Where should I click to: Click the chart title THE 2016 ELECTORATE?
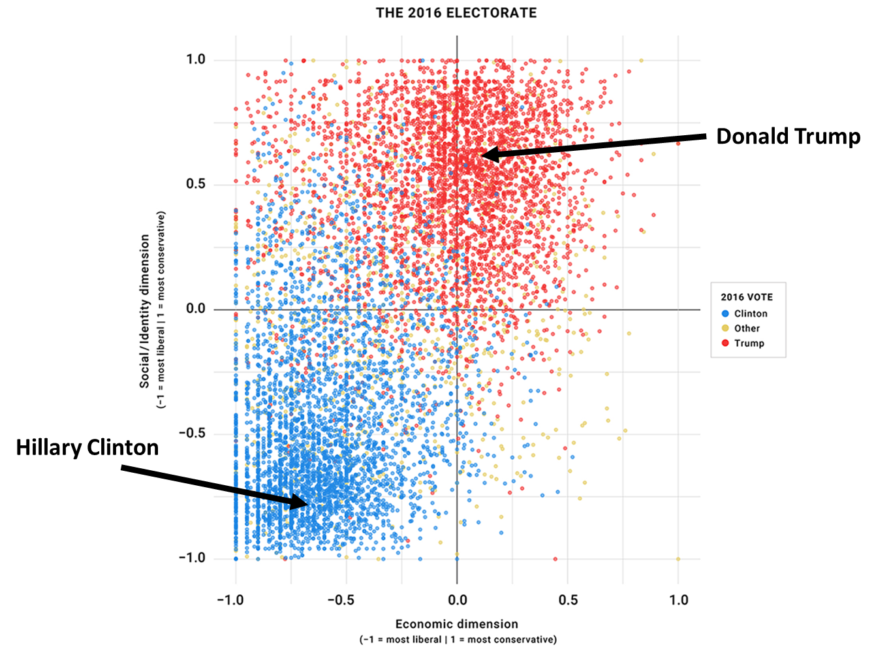click(456, 13)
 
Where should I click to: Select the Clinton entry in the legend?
click(750, 313)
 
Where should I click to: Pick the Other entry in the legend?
click(747, 328)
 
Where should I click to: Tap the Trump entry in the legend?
click(749, 343)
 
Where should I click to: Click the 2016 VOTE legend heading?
click(746, 297)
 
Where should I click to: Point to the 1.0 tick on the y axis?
click(195, 59)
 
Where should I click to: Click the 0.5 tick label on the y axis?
click(195, 184)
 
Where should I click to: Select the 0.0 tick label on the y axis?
click(195, 309)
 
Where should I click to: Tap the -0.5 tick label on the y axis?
click(193, 434)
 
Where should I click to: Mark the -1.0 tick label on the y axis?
click(193, 558)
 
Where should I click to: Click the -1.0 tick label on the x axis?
click(232, 600)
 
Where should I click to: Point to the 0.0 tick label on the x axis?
click(457, 600)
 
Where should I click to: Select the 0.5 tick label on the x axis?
click(568, 600)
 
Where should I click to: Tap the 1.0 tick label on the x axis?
click(679, 600)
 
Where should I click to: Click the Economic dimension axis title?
click(456, 624)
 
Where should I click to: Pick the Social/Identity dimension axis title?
click(145, 311)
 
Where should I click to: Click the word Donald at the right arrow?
click(752, 136)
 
